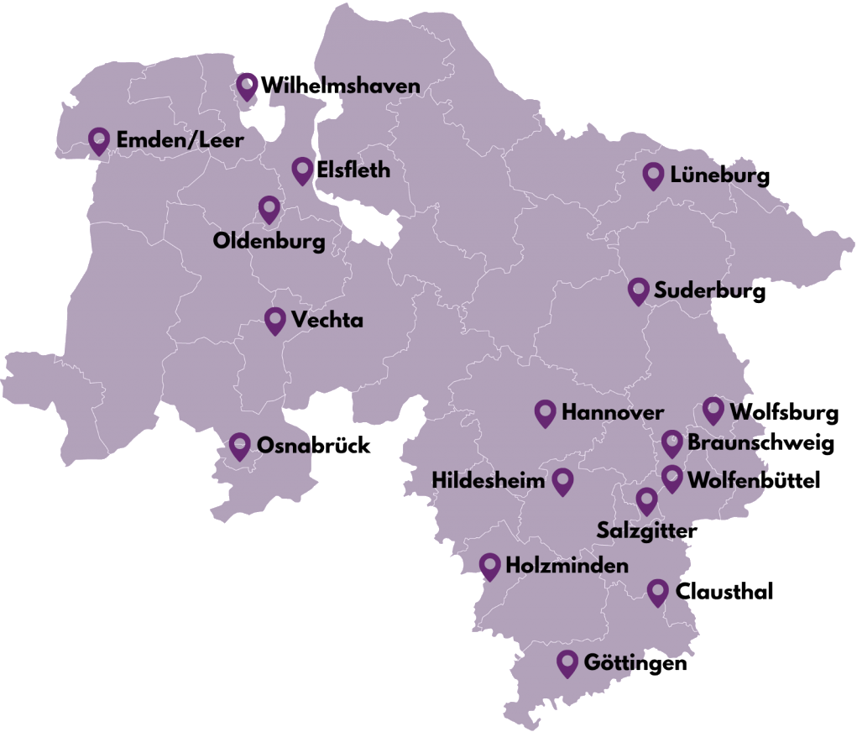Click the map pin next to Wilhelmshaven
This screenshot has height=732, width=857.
247,86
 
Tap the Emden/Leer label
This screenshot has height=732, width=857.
180,140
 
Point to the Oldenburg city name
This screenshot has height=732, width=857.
269,243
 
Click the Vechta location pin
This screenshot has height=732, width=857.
274,320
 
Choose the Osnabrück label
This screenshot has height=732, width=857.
314,446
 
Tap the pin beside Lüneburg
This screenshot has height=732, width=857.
653,175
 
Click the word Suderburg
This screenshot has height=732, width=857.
710,292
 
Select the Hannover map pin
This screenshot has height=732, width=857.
546,412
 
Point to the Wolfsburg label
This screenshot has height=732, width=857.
784,412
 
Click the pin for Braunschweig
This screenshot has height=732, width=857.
671,443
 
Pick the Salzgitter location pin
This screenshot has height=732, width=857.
646,501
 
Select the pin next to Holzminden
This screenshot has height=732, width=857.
490,566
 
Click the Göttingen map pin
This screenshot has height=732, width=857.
568,663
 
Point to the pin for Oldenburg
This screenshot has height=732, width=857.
269,209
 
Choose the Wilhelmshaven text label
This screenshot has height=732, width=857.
340,86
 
